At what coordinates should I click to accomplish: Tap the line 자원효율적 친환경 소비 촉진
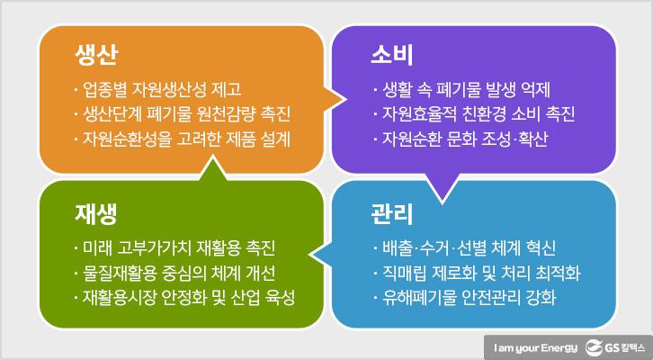[x=472, y=115]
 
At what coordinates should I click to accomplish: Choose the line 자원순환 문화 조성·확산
[x=459, y=140]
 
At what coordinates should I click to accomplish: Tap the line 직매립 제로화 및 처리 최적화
[x=472, y=273]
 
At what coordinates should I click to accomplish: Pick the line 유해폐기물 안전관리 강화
[x=462, y=298]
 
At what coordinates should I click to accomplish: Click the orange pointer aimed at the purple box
[x=337, y=94]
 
